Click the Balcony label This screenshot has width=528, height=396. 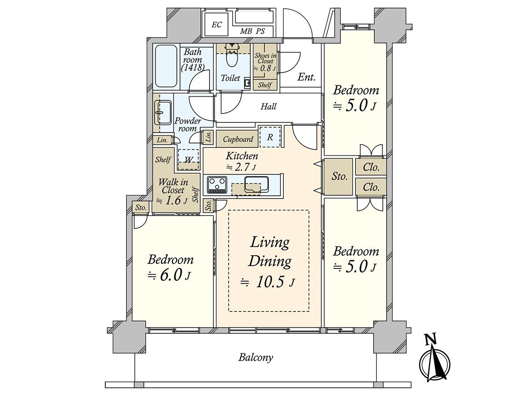coord(256,364)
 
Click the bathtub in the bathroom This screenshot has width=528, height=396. coord(166,66)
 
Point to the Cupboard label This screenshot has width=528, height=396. coord(238,139)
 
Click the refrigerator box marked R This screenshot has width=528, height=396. coord(270,137)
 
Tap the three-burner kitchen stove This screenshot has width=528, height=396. coord(217,185)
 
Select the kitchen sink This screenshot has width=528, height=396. coord(257,185)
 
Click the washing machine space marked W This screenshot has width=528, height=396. coord(188,159)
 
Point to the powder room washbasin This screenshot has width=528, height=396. coord(164,113)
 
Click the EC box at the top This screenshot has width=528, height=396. coord(216,25)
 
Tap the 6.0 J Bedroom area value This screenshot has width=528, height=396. coord(169,276)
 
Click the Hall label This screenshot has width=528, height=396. coord(268,106)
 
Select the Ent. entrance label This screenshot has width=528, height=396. coord(306,77)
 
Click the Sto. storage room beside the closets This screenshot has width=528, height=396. coord(338,176)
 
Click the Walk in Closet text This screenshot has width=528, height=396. coord(173,186)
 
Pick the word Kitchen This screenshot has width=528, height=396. coord(242,156)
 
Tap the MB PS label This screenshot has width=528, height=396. coord(252,31)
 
